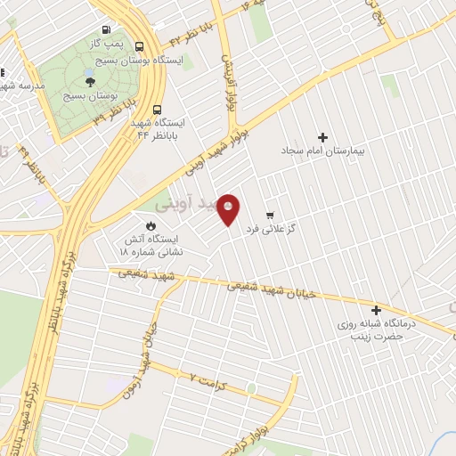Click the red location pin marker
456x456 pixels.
click(x=230, y=209)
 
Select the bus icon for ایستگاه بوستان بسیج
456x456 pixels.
click(x=140, y=46)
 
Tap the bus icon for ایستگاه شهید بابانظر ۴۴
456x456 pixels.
click(x=157, y=102)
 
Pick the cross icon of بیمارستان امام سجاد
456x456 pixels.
click(x=322, y=137)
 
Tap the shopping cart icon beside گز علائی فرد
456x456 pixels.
click(x=270, y=216)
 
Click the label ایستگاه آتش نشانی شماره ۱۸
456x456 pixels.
click(x=151, y=246)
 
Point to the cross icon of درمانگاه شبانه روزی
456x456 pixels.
click(x=377, y=311)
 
